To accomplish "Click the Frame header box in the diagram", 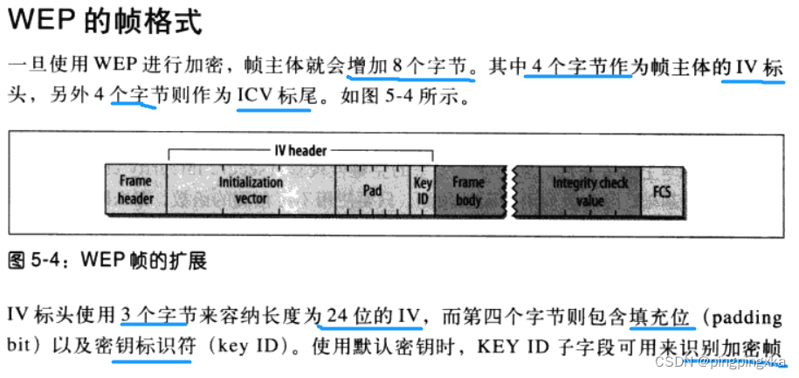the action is tap(135, 189).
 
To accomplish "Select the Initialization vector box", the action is tap(251, 189).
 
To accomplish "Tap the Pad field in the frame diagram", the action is tap(372, 189).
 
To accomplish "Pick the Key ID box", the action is tap(422, 189).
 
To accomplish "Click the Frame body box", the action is tap(468, 189).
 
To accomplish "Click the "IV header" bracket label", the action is tap(295, 150).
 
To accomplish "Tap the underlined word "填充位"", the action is tap(662, 313).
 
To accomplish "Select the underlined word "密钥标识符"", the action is tap(155, 344).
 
